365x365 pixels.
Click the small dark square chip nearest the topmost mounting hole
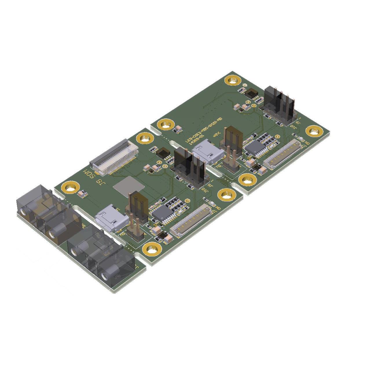(x=251, y=93)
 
